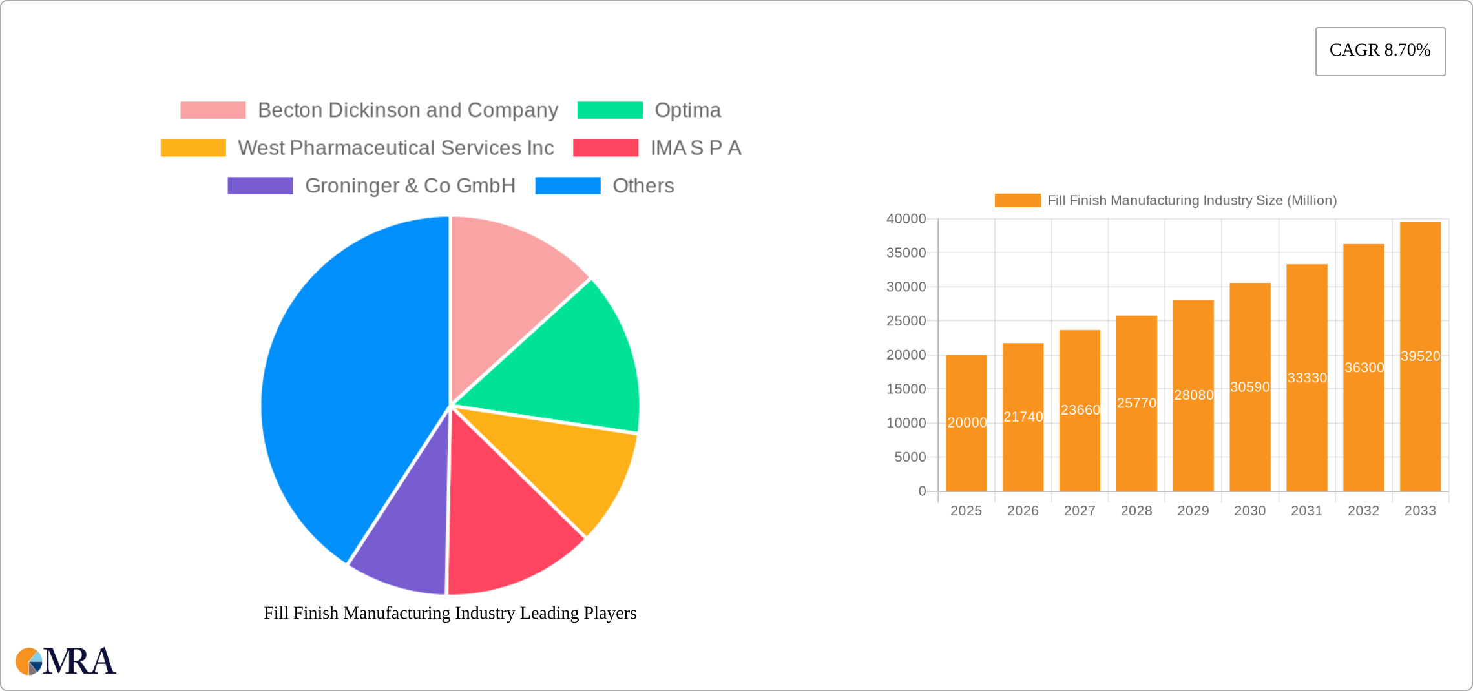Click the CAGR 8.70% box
(1380, 51)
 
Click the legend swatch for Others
(568, 186)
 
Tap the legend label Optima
(687, 110)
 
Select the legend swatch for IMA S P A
(605, 148)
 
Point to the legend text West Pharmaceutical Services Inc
(395, 148)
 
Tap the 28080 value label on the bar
(1193, 395)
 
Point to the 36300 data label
(1364, 367)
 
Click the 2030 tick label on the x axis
(1249, 511)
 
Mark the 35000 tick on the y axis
(906, 253)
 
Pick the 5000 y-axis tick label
(910, 457)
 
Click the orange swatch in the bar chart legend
(1017, 201)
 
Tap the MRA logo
(65, 661)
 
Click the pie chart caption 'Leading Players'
(450, 613)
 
